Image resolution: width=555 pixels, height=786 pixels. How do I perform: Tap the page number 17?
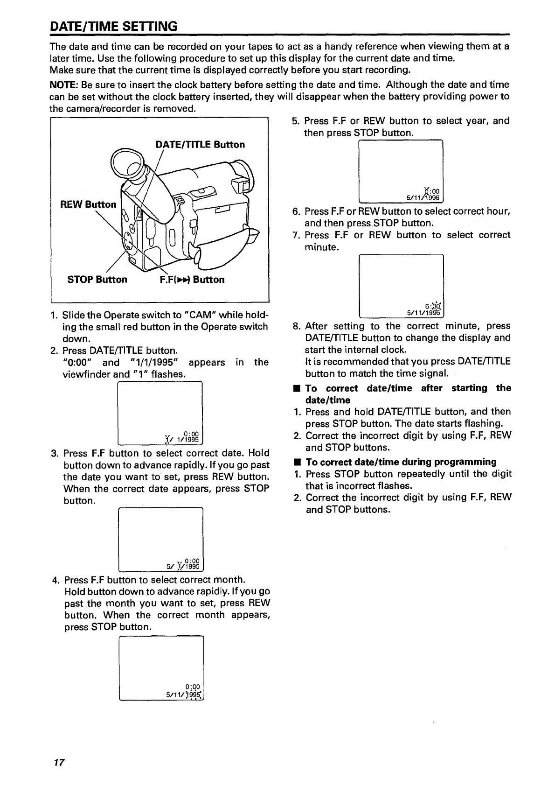(58, 763)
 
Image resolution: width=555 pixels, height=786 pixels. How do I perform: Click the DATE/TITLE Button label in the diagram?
(200, 144)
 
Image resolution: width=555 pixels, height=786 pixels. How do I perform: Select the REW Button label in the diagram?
(88, 204)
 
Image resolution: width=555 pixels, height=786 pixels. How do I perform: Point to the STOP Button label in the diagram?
(97, 280)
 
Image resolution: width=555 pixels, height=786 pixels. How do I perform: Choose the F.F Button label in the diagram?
(192, 280)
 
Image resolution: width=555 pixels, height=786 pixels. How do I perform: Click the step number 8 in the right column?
(296, 326)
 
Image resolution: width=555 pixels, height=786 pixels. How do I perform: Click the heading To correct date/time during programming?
(401, 462)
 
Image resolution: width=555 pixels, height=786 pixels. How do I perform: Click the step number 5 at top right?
(295, 121)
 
